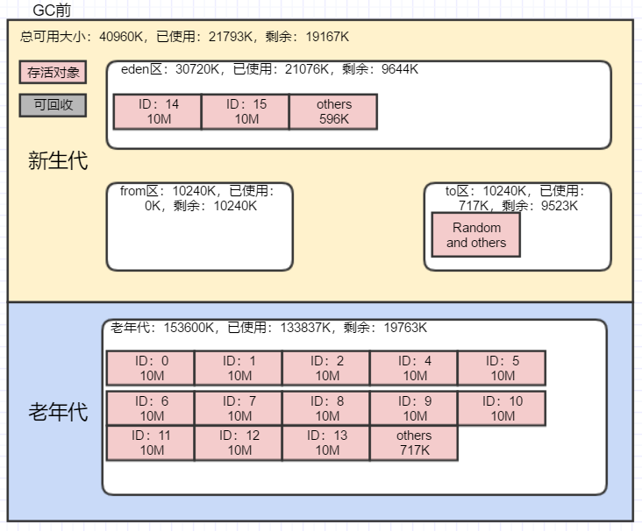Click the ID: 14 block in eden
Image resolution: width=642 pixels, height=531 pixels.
(158, 111)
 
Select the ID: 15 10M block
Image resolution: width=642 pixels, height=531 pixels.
(246, 111)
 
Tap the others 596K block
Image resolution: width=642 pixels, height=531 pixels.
(333, 111)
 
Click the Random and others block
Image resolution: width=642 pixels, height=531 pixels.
(476, 235)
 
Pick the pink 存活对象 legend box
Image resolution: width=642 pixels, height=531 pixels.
(53, 73)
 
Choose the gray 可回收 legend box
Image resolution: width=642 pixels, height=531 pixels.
(53, 105)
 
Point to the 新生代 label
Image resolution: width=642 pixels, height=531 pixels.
(58, 161)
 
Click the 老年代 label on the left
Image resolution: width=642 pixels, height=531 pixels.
(58, 412)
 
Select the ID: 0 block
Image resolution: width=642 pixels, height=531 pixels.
(151, 368)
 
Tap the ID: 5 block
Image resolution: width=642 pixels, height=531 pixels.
(502, 368)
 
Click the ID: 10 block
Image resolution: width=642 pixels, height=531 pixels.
(502, 408)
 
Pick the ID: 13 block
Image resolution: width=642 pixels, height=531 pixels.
(326, 442)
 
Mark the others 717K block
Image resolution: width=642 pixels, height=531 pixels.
(414, 442)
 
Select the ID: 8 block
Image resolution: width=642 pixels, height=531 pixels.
(326, 408)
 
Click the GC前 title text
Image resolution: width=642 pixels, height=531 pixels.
(52, 11)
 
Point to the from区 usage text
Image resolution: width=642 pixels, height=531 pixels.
(199, 198)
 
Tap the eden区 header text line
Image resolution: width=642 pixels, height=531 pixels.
(269, 69)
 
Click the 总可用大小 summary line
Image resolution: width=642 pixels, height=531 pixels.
(184, 37)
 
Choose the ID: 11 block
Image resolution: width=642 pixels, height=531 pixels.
(151, 442)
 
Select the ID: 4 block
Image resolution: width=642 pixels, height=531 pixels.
(414, 368)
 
